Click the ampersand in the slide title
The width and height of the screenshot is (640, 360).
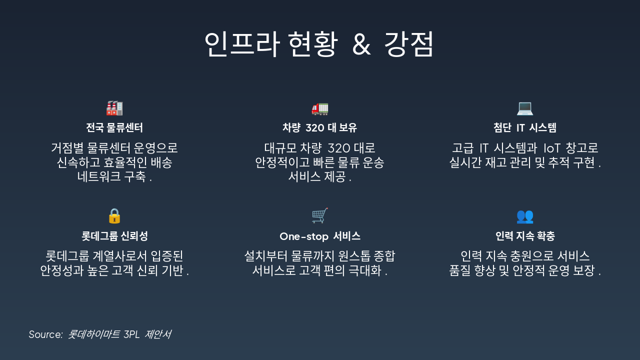[361, 44]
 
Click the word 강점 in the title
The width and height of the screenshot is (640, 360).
[409, 44]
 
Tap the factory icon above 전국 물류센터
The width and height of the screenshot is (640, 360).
[114, 108]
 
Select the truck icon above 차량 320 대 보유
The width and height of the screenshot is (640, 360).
[320, 108]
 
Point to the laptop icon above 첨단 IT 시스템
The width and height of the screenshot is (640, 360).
[525, 108]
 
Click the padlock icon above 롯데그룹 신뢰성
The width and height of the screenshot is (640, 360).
[114, 216]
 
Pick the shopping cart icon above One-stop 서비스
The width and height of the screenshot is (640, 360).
[320, 216]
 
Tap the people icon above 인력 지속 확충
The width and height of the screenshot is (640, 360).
[525, 216]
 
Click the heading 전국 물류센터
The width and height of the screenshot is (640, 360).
[114, 128]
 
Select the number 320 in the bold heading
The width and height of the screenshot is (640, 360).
[315, 128]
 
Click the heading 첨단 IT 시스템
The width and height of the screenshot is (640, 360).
[525, 128]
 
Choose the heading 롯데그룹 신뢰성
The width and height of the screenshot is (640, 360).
[114, 236]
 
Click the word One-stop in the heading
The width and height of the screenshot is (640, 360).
[303, 236]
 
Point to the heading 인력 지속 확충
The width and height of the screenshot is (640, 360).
[525, 236]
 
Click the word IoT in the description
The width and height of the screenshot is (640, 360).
[552, 148]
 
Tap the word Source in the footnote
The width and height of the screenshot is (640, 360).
[45, 334]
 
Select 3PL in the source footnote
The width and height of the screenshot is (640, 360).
[131, 334]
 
